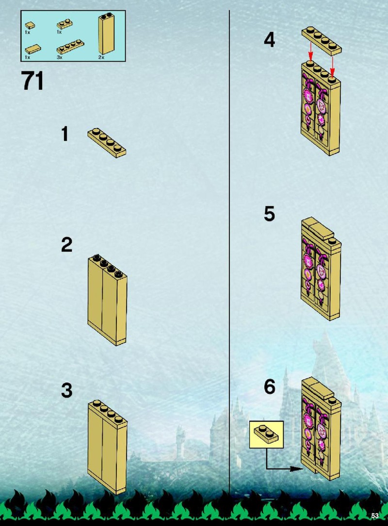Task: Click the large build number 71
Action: (x=32, y=81)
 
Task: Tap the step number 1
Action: (x=65, y=134)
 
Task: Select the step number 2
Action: (x=66, y=245)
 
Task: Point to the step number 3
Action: (x=66, y=390)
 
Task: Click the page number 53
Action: (x=374, y=515)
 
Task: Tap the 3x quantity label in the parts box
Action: (x=59, y=57)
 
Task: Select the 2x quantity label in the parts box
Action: (x=101, y=57)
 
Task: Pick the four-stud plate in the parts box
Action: (x=70, y=47)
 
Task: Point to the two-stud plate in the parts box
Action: (x=65, y=24)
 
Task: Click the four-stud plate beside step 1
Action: (x=107, y=143)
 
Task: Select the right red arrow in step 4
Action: (x=332, y=66)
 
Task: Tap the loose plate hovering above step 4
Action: (x=322, y=41)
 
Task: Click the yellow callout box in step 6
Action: (x=266, y=435)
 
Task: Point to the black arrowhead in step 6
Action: (x=296, y=469)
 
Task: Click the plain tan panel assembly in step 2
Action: (x=108, y=300)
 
